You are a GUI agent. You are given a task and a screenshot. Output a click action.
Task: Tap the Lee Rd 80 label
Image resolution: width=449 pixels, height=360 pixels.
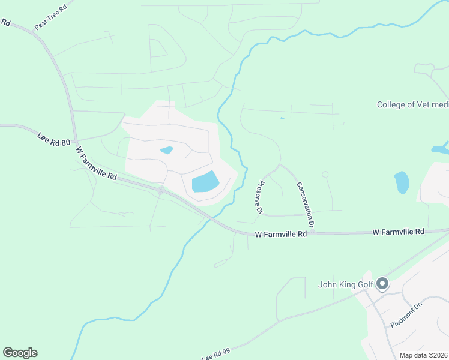(54, 143)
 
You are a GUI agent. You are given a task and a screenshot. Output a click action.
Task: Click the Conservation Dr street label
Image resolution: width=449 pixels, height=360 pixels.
(306, 205)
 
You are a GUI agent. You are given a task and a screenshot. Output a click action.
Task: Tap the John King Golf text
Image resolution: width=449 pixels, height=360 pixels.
(346, 284)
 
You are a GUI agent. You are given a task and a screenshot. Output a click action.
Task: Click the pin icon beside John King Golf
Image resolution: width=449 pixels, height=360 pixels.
(382, 284)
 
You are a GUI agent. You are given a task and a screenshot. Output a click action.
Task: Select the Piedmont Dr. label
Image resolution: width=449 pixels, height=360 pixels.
(407, 314)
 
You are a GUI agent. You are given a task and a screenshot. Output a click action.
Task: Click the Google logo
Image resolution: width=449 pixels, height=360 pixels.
(20, 353)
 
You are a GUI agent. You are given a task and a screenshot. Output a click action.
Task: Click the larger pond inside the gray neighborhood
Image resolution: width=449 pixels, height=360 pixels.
(205, 182)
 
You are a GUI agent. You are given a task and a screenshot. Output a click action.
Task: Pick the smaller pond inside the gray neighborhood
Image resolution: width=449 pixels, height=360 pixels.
(166, 150)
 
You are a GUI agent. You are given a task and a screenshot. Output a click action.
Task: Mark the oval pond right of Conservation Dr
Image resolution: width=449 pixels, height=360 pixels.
(402, 182)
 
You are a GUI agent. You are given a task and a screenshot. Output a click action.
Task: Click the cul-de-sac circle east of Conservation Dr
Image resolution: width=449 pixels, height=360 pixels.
(325, 175)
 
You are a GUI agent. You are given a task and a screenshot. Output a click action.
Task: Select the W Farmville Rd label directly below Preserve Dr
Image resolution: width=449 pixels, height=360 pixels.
(281, 233)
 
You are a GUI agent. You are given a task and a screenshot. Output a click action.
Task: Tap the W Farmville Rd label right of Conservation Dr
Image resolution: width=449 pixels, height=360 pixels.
(399, 231)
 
